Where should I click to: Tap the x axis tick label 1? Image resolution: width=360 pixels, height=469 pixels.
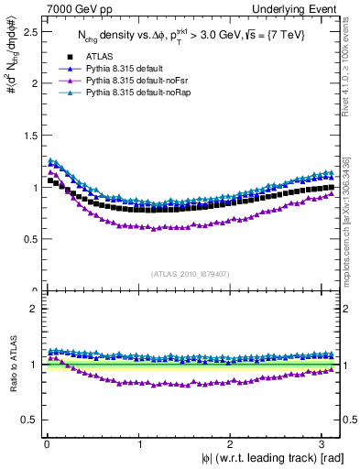(139, 445)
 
